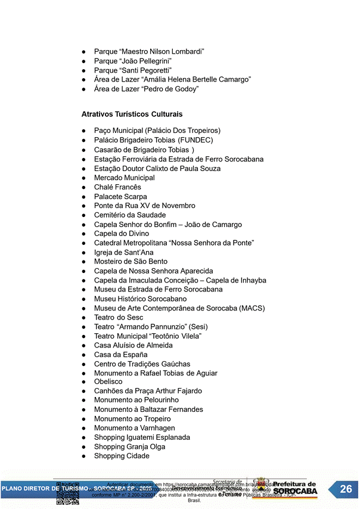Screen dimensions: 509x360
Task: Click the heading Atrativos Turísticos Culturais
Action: point(132,114)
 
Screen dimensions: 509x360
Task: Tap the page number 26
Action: point(346,489)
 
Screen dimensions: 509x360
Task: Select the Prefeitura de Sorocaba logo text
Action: point(294,489)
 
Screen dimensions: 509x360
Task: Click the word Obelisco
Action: point(108,382)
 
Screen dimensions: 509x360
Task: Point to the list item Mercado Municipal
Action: point(124,178)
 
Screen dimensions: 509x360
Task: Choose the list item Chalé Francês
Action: point(117,187)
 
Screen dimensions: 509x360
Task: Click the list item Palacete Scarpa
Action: point(120,197)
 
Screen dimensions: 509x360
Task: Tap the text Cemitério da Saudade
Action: point(130,215)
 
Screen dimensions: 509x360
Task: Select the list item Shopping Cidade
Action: point(122,456)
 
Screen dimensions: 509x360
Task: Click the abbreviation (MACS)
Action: point(252,308)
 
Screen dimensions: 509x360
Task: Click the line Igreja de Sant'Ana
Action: point(123,252)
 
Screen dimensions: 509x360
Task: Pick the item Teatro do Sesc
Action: point(118,318)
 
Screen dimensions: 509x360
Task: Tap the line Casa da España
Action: point(120,355)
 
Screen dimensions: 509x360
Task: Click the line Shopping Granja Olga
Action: point(129,446)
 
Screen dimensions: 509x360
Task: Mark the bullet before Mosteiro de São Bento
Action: point(85,262)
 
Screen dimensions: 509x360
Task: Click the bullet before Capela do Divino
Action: point(85,234)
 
